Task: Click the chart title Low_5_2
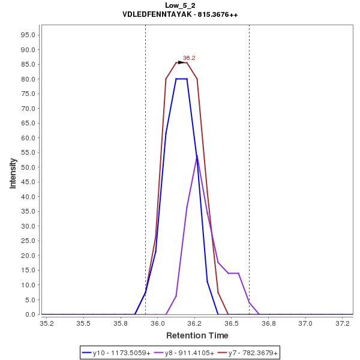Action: pyautogui.click(x=180, y=5)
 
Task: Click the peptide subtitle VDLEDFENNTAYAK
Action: pyautogui.click(x=180, y=14)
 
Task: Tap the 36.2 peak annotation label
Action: pyautogui.click(x=189, y=58)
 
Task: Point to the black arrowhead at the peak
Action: pyautogui.click(x=182, y=62)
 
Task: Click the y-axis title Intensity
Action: pyautogui.click(x=13, y=173)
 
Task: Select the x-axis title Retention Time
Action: pyautogui.click(x=197, y=335)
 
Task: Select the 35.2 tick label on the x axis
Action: pyautogui.click(x=46, y=323)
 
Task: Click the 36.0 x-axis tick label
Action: pyautogui.click(x=158, y=323)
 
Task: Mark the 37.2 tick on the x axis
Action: pyautogui.click(x=343, y=323)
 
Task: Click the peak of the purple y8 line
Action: pyautogui.click(x=197, y=156)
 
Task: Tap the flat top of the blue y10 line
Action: pyautogui.click(x=181, y=79)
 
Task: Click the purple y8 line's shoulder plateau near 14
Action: pyautogui.click(x=233, y=273)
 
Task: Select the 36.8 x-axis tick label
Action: pyautogui.click(x=269, y=323)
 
